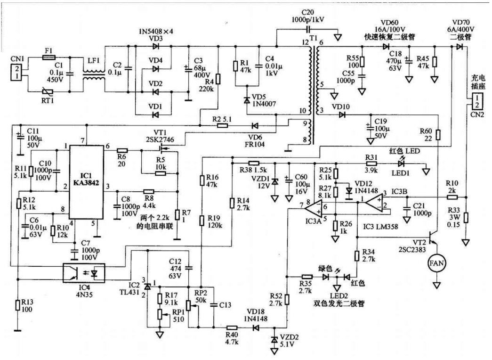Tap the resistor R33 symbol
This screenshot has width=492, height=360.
tap(465, 217)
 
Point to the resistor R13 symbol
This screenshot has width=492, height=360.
tap(18, 305)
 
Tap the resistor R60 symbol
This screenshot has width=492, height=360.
tap(438, 135)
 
